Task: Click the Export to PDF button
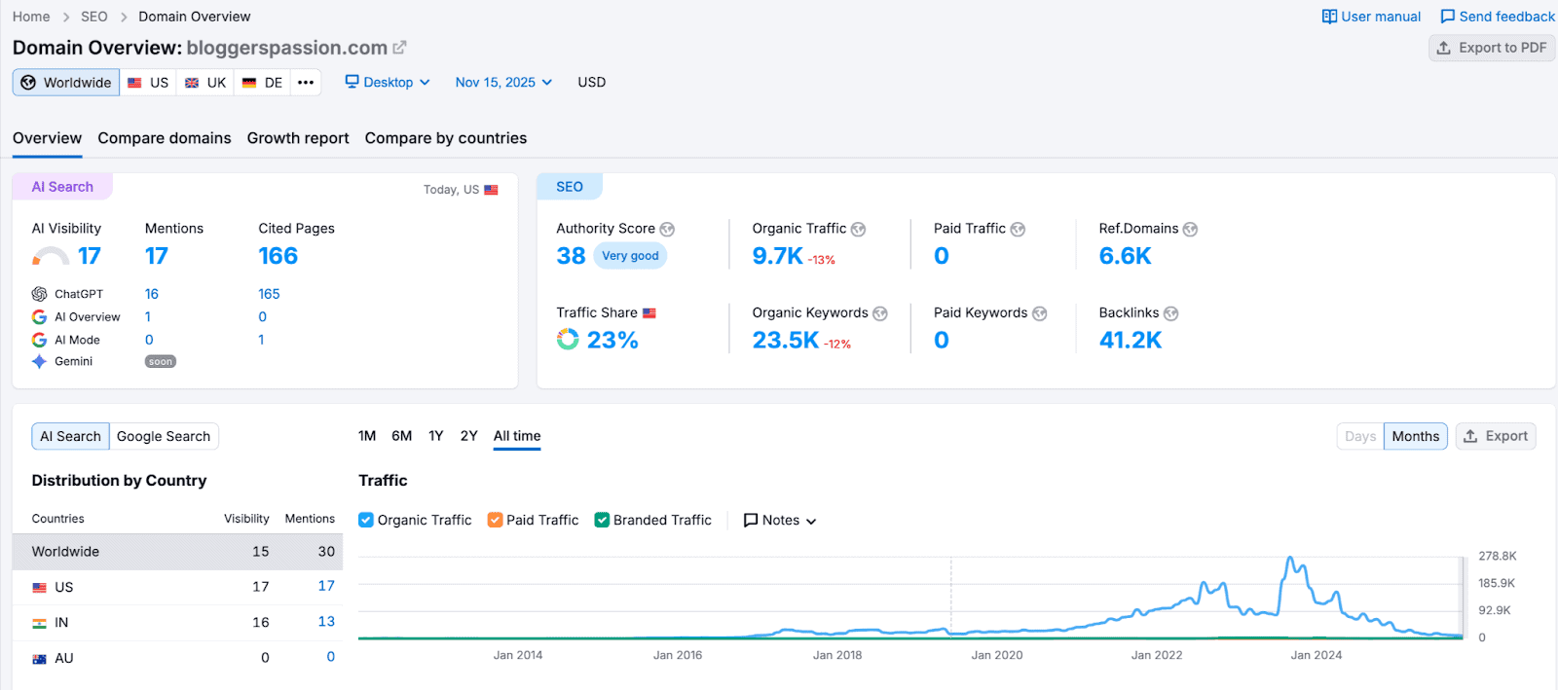point(1492,48)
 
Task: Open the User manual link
point(1371,17)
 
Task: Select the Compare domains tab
point(165,138)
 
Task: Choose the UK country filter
point(205,83)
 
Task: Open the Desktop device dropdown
point(388,83)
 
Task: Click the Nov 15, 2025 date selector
point(503,83)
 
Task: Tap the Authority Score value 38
point(571,256)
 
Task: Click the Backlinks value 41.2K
point(1130,340)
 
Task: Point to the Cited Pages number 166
point(278,256)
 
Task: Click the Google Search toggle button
point(164,437)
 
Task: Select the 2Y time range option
point(468,436)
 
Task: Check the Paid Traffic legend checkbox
point(496,520)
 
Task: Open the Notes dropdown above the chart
point(780,521)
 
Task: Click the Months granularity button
point(1415,436)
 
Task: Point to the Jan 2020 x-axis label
point(996,655)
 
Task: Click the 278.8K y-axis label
point(1497,556)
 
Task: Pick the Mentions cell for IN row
point(326,622)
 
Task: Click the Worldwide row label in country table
point(65,552)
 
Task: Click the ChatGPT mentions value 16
point(152,294)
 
